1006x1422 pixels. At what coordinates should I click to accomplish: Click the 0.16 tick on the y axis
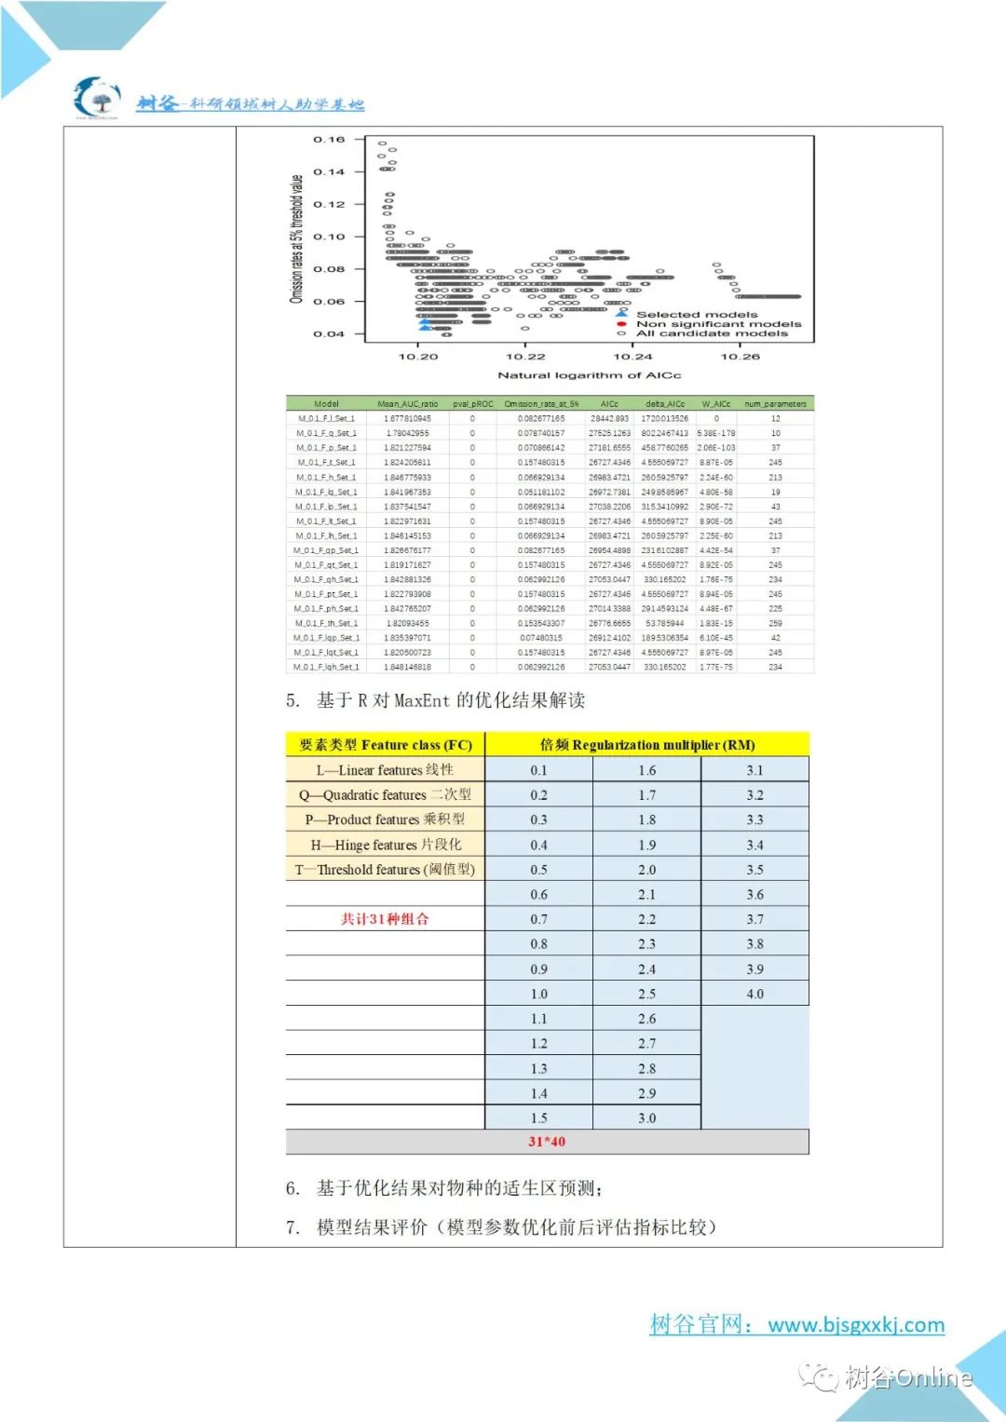click(x=329, y=140)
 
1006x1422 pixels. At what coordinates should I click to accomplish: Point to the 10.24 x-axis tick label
click(x=632, y=357)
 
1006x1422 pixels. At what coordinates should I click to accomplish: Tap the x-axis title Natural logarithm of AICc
click(x=589, y=375)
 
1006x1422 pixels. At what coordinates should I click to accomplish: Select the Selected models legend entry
click(x=696, y=315)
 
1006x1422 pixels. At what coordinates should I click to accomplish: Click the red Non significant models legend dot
click(x=621, y=324)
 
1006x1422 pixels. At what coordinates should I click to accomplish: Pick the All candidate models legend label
click(x=712, y=333)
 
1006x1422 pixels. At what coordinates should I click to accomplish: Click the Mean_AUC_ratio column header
click(x=407, y=404)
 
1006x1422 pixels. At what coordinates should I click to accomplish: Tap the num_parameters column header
click(x=775, y=404)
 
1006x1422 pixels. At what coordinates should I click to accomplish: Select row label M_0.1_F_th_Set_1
click(x=326, y=623)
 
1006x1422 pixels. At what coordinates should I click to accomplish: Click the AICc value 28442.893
click(x=609, y=419)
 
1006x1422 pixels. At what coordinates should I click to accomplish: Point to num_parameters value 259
click(x=775, y=623)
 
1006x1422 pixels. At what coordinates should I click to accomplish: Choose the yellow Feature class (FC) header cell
click(x=385, y=745)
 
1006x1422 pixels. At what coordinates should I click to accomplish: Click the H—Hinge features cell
click(x=385, y=845)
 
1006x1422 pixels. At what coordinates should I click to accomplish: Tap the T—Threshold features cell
click(x=385, y=870)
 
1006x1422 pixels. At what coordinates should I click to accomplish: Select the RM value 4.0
click(x=754, y=994)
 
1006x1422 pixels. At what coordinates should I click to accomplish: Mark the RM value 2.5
click(x=646, y=994)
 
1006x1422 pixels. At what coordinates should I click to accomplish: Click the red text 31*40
click(x=547, y=1142)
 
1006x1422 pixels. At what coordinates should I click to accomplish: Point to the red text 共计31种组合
click(x=385, y=919)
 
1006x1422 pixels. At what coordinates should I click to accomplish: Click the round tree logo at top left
click(x=97, y=98)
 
